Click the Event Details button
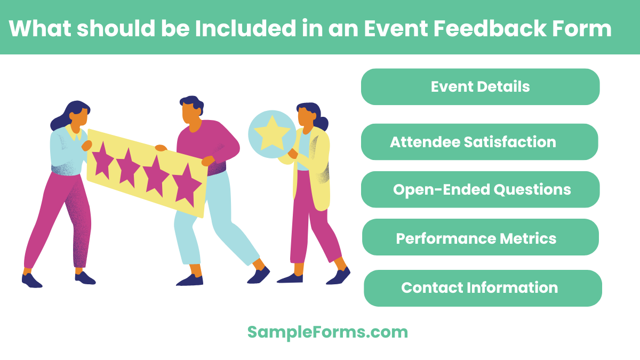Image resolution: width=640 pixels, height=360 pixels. click(480, 86)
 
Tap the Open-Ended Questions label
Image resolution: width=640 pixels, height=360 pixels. click(481, 189)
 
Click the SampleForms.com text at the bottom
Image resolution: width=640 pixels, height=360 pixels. click(327, 332)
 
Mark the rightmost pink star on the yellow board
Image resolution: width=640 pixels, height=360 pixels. click(186, 184)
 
